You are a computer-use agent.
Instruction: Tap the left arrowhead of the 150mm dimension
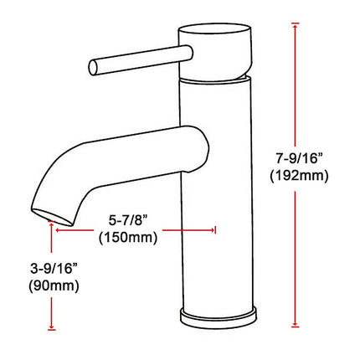(57, 228)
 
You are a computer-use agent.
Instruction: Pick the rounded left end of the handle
(94, 64)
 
